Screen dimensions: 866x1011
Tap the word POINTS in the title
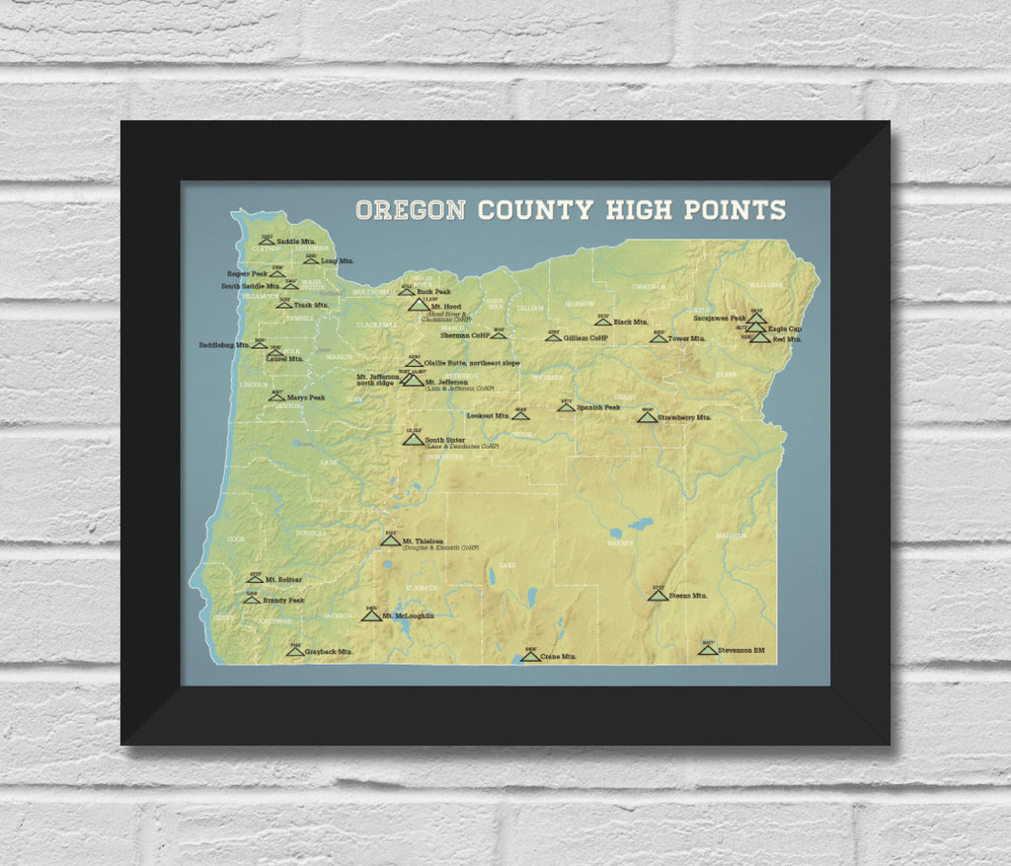(734, 209)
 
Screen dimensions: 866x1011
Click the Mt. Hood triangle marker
(419, 306)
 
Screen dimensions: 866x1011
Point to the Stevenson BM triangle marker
(707, 650)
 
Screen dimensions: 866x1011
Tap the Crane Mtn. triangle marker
(531, 656)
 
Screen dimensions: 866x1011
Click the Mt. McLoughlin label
(409, 615)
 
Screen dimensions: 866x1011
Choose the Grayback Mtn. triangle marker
(294, 651)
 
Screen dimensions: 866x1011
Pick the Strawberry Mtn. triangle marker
(647, 417)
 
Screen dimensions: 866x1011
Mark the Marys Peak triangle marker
(278, 397)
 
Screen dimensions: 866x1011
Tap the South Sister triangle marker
(413, 440)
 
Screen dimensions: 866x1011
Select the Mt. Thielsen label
(423, 541)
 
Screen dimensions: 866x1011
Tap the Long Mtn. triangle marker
(310, 261)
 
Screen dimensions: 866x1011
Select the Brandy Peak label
(283, 600)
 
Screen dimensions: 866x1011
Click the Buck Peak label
(435, 292)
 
